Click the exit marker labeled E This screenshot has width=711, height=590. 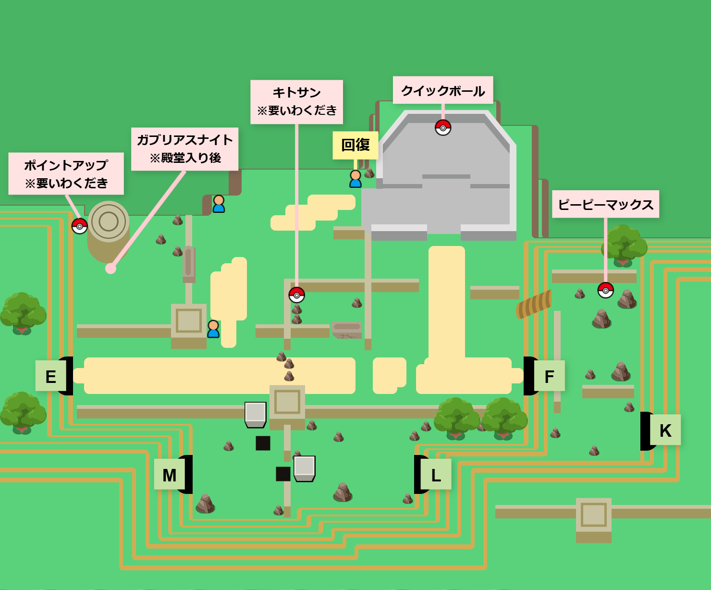click(50, 376)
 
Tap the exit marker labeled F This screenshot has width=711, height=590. click(549, 376)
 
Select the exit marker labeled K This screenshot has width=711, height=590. click(665, 430)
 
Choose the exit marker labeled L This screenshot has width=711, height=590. click(436, 475)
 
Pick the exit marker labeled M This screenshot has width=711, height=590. click(169, 475)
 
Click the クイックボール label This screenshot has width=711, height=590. click(443, 90)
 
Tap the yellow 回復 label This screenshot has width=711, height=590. click(355, 145)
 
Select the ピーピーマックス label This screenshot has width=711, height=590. click(605, 205)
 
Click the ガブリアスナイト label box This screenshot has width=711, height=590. click(185, 149)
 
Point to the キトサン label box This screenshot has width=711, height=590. click(297, 102)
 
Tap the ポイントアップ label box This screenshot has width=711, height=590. click(66, 174)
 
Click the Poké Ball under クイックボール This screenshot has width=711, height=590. click(443, 128)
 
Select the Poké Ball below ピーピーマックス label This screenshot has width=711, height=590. click(605, 290)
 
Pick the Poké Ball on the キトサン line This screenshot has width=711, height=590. click(297, 295)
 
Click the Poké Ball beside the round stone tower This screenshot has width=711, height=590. click(80, 226)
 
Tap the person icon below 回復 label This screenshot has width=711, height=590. click(355, 179)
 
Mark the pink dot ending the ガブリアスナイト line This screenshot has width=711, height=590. click(111, 269)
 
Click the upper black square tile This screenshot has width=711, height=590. click(263, 443)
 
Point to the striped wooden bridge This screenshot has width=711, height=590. click(534, 304)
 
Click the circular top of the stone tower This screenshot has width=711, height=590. click(109, 221)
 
